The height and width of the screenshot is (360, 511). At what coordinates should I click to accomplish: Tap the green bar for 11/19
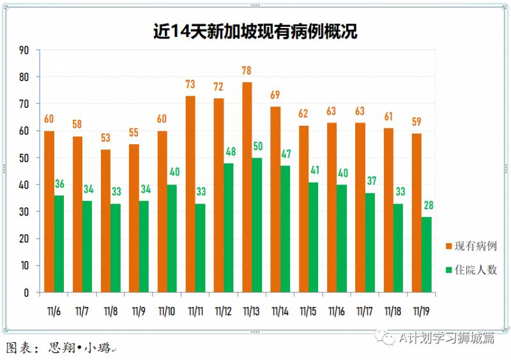426,254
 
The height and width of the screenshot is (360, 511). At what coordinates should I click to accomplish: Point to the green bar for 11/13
257,225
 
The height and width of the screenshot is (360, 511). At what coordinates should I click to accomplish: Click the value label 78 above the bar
247,70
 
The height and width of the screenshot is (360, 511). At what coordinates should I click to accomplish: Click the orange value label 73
190,84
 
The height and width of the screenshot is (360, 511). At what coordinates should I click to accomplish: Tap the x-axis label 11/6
54,311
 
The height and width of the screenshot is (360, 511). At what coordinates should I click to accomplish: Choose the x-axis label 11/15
309,311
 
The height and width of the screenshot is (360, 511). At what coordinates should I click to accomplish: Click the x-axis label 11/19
421,311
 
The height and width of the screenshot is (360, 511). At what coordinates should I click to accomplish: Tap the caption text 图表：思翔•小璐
57,349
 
